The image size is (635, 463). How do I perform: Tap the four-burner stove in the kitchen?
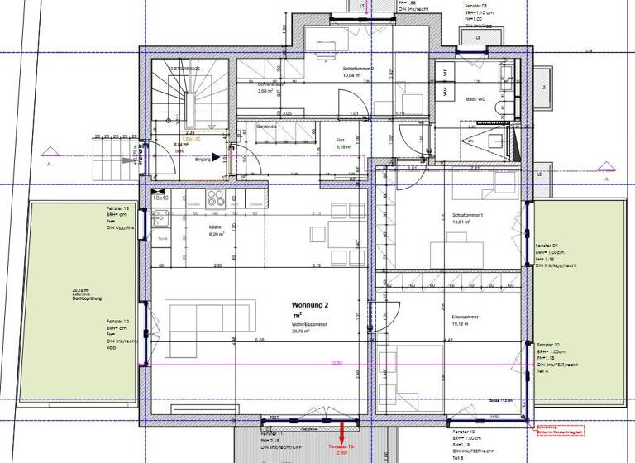217,198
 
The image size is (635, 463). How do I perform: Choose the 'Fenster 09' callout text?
549,246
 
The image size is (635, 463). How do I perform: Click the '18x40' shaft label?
160,198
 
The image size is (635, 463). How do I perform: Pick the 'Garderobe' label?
265,126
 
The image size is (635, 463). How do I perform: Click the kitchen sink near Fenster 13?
160,219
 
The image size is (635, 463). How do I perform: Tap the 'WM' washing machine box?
444,88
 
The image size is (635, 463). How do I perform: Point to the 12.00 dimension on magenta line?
336,363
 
